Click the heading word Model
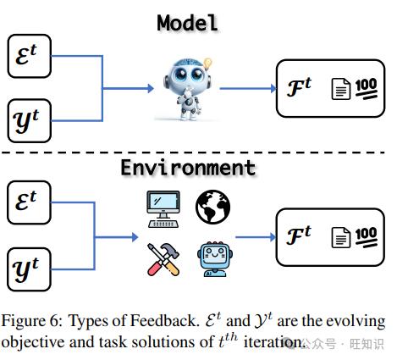pos(188,23)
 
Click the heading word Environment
pos(188,168)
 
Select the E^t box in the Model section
pos(30,56)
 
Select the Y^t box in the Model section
pos(30,121)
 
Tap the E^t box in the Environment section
pos(29,202)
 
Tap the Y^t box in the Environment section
pos(29,269)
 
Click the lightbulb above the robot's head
pos(207,64)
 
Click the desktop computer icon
pos(163,209)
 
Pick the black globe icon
pos(212,207)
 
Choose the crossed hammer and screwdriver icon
pos(163,259)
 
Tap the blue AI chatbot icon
pos(215,259)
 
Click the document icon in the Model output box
pos(340,89)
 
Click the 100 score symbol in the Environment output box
pos(367,237)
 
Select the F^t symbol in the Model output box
pos(299,87)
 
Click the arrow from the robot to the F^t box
pos(248,88)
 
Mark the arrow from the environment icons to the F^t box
pos(256,237)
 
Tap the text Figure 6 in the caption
pos(32,322)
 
